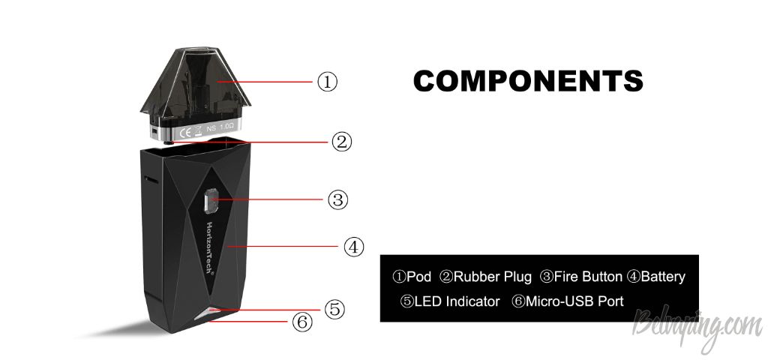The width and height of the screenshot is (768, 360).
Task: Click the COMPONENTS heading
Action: [528, 81]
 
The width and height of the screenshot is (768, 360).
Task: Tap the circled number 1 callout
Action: [327, 82]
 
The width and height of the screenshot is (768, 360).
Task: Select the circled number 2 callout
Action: [341, 142]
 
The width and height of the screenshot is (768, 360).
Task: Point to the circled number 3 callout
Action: [337, 199]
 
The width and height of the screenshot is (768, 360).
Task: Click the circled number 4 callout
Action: [354, 247]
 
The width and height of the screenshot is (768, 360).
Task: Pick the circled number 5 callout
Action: [334, 309]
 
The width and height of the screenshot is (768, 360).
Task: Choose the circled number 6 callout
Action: [301, 322]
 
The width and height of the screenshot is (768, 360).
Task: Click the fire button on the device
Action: [210, 201]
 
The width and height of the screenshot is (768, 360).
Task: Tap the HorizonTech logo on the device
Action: [210, 248]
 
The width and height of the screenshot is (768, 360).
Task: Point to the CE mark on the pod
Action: [186, 132]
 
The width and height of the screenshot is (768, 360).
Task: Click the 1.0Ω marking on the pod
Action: [226, 127]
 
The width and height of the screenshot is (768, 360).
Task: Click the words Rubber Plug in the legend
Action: [492, 277]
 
